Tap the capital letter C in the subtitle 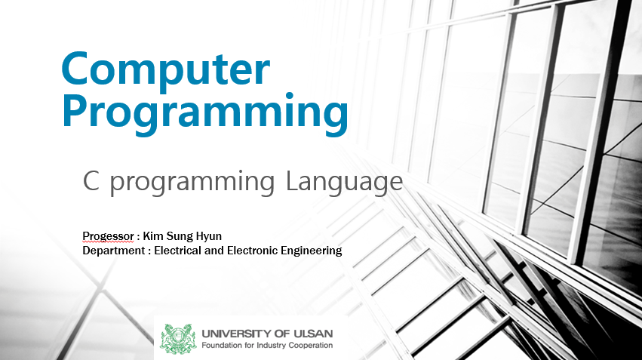(x=91, y=180)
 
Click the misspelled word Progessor (x=108, y=236)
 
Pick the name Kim (x=153, y=236)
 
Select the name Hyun (x=209, y=237)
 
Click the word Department (x=114, y=251)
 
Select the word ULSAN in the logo (x=314, y=334)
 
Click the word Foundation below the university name (x=222, y=345)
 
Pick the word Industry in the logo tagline (x=272, y=346)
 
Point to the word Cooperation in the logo (x=311, y=346)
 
